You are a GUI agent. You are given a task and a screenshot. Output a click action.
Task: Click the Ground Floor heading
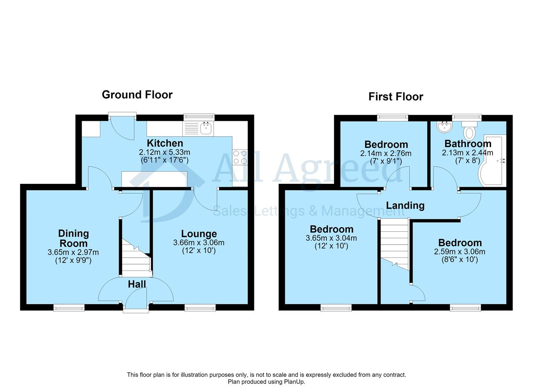pyautogui.click(x=137, y=95)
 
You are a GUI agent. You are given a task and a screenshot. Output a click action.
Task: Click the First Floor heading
pyautogui.click(x=396, y=97)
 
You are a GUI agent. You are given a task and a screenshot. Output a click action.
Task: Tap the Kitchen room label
pyautogui.click(x=165, y=143)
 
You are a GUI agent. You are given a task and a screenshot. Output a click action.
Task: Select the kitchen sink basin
pyautogui.click(x=206, y=128)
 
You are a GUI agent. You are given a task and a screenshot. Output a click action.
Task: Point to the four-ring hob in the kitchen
pyautogui.click(x=240, y=157)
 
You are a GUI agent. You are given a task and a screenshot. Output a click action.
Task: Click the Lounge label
pyautogui.click(x=199, y=234)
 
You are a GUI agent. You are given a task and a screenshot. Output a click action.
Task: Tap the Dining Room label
pyautogui.click(x=74, y=238)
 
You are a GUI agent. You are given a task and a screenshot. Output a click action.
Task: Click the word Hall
pyautogui.click(x=137, y=284)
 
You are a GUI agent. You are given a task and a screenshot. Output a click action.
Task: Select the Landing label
pyautogui.click(x=405, y=205)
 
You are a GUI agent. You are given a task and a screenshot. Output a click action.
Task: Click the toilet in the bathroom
pyautogui.click(x=469, y=131)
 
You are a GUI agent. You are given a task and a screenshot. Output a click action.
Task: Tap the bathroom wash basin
pyautogui.click(x=444, y=127)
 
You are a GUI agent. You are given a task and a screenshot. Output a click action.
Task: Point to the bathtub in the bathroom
pyautogui.click(x=492, y=160)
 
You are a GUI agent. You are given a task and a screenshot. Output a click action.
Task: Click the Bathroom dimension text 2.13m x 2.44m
pyautogui.click(x=467, y=153)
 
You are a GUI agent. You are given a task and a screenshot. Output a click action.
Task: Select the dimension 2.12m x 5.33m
pyautogui.click(x=164, y=152)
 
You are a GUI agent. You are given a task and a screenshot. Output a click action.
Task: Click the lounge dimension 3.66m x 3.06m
pyautogui.click(x=199, y=243)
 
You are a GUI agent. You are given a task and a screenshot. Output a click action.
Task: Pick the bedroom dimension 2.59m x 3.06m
pyautogui.click(x=459, y=252)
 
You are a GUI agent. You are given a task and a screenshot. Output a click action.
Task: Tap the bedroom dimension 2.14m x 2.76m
pyautogui.click(x=386, y=153)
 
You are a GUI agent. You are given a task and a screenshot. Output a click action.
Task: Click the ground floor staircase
pyautogui.click(x=137, y=258)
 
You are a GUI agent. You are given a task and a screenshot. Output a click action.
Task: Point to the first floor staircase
pyautogui.click(x=395, y=245)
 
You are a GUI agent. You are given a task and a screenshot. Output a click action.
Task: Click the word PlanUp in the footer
pyautogui.click(x=294, y=382)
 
